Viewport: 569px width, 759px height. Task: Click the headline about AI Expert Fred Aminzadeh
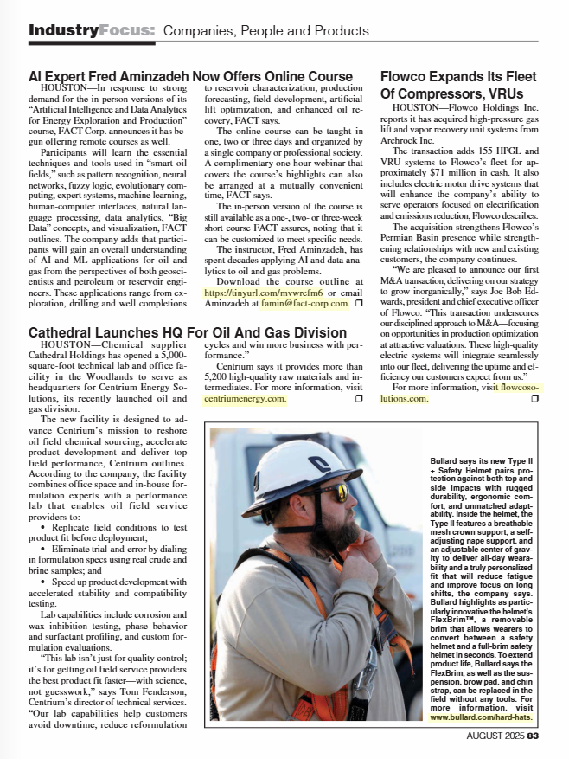point(190,76)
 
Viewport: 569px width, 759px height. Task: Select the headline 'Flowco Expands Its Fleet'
point(457,76)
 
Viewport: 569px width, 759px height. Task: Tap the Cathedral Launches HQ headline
point(188,332)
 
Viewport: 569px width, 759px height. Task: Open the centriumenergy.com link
point(244,400)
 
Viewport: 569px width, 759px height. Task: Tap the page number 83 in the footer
point(534,736)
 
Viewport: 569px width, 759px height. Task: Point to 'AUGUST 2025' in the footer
point(495,736)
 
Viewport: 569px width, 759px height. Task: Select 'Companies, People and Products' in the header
point(266,31)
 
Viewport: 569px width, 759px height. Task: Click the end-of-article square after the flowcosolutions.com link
point(534,398)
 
